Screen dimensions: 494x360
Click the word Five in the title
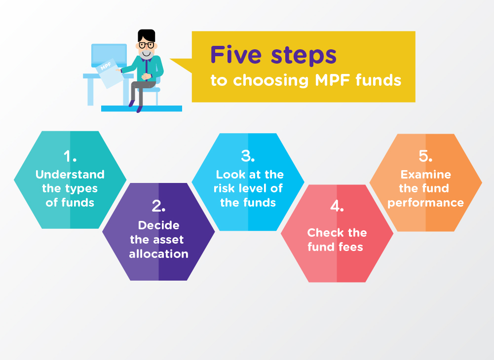coord(236,55)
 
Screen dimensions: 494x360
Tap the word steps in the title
coord(304,57)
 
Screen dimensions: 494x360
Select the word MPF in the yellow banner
coord(333,80)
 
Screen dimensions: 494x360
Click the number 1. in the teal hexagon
coord(70,156)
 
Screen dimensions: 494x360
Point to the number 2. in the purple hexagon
coord(158,206)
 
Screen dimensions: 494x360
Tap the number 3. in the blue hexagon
coord(248,156)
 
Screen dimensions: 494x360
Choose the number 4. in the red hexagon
coord(337,206)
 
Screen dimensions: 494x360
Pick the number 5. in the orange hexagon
coord(425,156)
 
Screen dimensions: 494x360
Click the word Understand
coord(70,175)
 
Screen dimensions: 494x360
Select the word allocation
coord(158,254)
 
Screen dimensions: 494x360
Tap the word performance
coord(425,203)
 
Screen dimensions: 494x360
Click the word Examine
coord(425,175)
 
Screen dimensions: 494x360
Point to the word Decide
coord(158,225)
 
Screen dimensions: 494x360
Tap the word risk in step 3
coord(225,188)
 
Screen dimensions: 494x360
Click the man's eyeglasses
coord(147,45)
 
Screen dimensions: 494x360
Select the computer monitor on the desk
coord(109,55)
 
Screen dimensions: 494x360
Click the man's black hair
coord(147,36)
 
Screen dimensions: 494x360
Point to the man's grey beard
coord(147,54)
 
